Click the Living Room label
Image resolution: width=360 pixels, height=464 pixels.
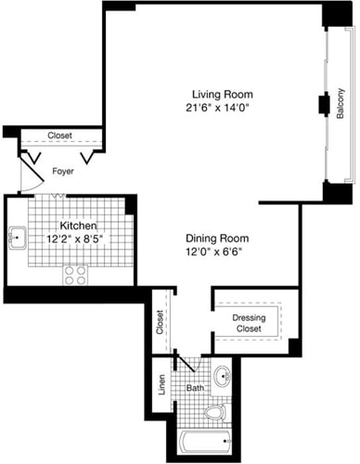222,95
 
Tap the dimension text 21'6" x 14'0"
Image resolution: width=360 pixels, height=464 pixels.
222,109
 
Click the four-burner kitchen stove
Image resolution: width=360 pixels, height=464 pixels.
75,274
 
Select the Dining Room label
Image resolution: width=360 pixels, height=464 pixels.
217,238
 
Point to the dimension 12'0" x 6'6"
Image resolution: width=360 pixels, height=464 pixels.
217,251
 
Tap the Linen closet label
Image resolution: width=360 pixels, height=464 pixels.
161,385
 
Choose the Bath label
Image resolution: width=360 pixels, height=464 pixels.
195,387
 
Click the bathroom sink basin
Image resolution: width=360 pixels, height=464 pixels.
223,377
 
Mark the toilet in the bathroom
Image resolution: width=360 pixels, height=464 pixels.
216,412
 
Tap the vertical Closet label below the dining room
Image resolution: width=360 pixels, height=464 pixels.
161,322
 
